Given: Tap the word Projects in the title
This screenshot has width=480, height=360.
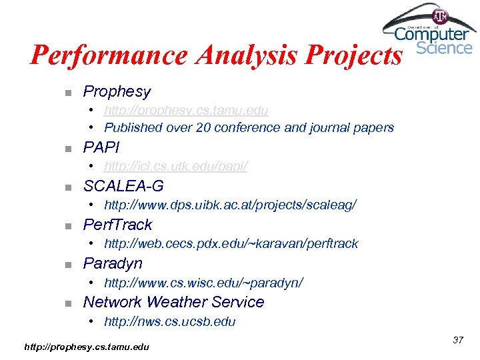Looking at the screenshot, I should (x=353, y=55).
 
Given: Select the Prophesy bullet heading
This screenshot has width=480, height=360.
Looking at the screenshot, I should (x=117, y=91).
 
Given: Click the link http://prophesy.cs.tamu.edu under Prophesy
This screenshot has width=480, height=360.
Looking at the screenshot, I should (x=186, y=110).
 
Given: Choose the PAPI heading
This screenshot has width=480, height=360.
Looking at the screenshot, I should (x=101, y=147).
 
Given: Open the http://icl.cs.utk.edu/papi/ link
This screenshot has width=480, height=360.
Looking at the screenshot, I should (x=175, y=166).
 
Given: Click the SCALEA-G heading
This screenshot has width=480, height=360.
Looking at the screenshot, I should (x=123, y=186).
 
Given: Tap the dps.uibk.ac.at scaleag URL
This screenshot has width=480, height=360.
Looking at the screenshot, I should (x=230, y=205).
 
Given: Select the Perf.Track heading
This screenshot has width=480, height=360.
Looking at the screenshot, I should (x=117, y=225).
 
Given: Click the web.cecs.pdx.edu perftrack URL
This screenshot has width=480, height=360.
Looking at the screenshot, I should (x=231, y=243).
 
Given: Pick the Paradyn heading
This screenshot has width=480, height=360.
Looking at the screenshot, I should (x=113, y=263).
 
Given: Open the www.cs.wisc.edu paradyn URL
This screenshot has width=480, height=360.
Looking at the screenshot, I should (x=203, y=283).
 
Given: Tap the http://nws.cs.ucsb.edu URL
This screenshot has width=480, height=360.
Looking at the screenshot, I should (x=169, y=321).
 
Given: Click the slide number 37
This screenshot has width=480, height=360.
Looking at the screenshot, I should (x=458, y=340).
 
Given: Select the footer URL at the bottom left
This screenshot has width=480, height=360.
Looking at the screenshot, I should (x=87, y=347).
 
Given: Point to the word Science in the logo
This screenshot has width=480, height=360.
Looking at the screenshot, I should (x=444, y=47).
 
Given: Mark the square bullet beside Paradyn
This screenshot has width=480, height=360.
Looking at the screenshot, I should (x=68, y=265).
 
